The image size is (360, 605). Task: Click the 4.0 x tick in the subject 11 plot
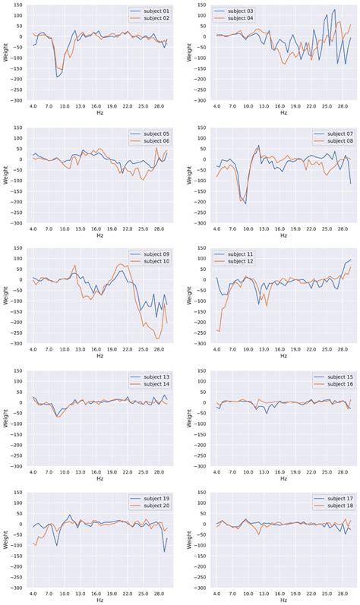(217, 351)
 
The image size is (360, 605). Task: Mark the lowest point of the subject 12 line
(219, 332)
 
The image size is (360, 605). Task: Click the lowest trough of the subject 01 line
(57, 77)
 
